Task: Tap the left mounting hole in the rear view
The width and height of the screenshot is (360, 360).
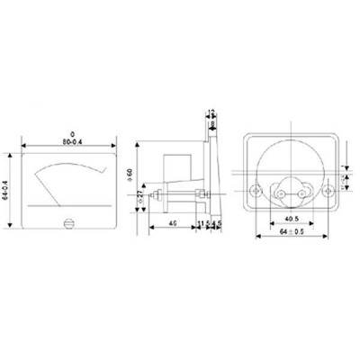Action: click(x=257, y=190)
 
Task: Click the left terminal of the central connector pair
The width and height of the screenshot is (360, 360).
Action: click(x=283, y=190)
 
